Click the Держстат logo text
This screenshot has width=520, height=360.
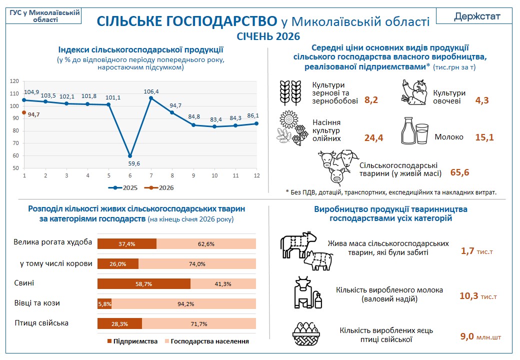click(477, 16)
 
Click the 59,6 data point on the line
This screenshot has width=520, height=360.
click(130, 156)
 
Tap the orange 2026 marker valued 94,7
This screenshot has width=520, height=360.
click(24, 112)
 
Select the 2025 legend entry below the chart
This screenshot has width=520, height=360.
click(122, 187)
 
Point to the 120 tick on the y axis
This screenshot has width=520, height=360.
click(14, 81)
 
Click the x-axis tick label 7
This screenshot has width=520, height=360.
click(151, 175)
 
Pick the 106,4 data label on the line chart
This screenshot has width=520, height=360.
click(151, 91)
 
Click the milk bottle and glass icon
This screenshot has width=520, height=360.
click(414, 131)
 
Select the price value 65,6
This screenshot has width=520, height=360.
click(459, 172)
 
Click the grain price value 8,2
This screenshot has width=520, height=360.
click(371, 100)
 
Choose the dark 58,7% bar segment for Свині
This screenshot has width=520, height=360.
click(144, 284)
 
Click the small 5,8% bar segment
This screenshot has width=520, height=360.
click(104, 304)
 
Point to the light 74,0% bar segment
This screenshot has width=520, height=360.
click(197, 264)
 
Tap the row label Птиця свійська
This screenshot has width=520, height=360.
click(41, 323)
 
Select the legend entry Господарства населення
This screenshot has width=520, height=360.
click(207, 341)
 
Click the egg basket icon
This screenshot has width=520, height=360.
click(306, 334)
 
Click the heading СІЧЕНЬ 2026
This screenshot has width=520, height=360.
click(268, 36)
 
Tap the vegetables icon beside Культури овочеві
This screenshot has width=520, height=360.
click(414, 92)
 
